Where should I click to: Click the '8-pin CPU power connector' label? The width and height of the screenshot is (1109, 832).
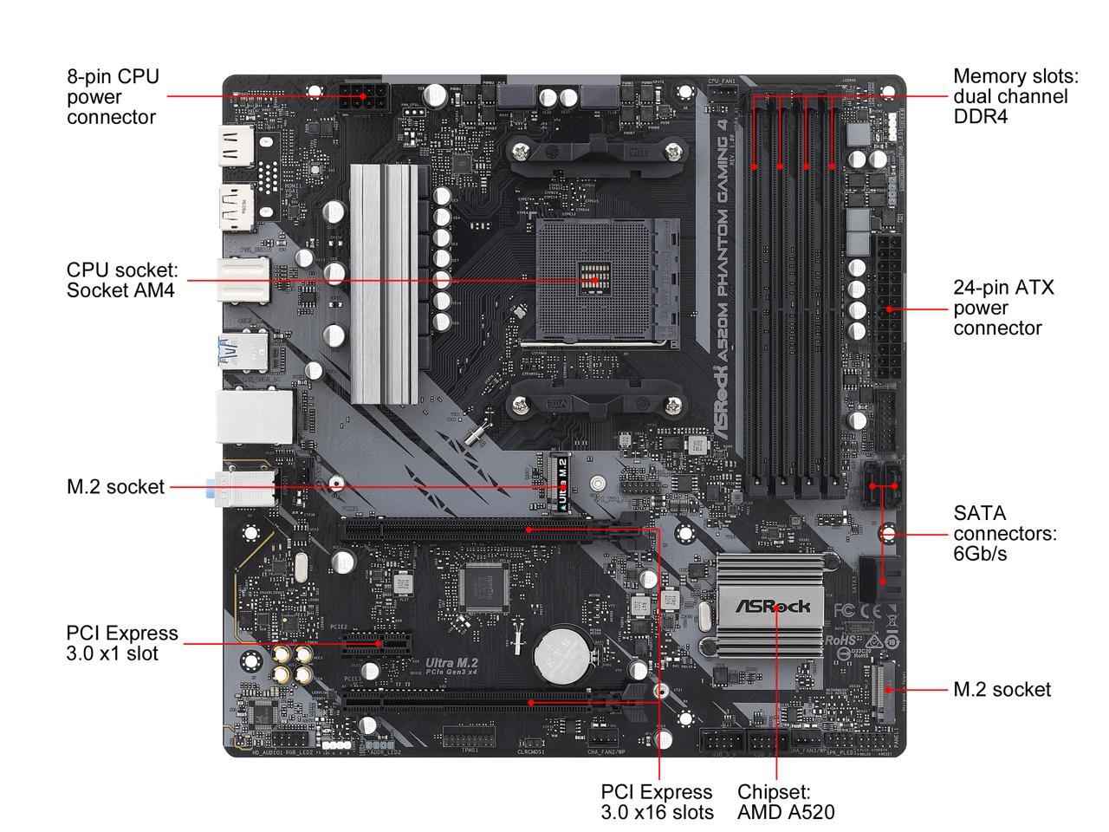[113, 96]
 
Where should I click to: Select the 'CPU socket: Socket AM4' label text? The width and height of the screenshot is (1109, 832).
[122, 280]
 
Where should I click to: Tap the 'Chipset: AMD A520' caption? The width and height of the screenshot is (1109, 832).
[785, 802]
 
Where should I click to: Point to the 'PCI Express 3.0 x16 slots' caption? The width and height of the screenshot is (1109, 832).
[658, 802]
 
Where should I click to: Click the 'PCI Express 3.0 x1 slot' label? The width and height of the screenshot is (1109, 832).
[121, 643]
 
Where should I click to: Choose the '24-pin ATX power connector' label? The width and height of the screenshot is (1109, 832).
[1003, 308]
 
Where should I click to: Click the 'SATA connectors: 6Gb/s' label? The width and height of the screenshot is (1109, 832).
[1004, 533]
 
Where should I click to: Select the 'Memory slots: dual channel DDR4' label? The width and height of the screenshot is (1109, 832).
[1010, 95]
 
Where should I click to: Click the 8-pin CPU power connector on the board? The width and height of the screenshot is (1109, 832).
[363, 98]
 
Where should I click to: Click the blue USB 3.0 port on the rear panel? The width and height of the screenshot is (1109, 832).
[229, 353]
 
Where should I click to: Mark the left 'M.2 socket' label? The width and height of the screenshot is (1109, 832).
[115, 487]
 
